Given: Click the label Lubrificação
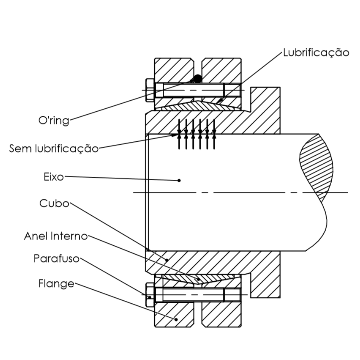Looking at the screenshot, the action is point(316,53).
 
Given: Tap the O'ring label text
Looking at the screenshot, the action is point(54,120).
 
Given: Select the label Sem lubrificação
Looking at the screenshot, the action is point(54,149).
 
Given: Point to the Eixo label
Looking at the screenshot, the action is point(54,177).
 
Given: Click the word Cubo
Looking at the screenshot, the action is point(54,203).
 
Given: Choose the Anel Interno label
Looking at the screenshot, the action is point(56,236).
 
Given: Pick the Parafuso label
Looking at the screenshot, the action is point(56,259).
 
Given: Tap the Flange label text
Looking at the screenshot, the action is point(56,284).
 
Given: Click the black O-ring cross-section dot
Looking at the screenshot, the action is point(197,79).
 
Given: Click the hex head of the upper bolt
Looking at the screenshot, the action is point(150,90).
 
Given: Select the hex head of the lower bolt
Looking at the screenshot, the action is point(150,295).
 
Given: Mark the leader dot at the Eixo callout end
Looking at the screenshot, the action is point(179,180).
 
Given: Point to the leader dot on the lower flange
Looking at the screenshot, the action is point(176,319).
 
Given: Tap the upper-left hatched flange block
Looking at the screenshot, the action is point(174,70).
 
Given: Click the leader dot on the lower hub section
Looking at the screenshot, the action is point(167,260).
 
